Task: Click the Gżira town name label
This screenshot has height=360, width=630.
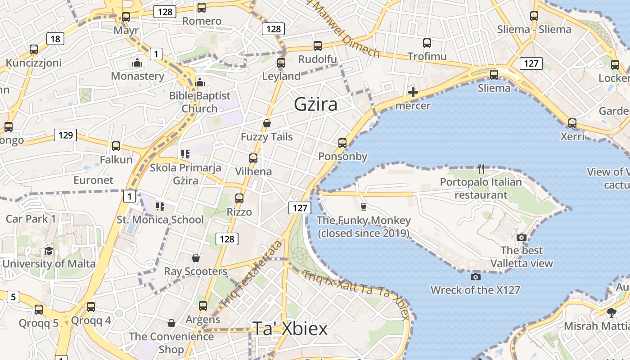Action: pyautogui.click(x=315, y=104)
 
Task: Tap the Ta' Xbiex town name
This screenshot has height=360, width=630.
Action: pyautogui.click(x=290, y=329)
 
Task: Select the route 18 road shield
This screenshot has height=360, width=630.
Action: pyautogui.click(x=55, y=39)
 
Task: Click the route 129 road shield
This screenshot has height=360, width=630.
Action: pyautogui.click(x=65, y=135)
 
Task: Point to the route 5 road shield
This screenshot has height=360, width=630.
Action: pyautogui.click(x=13, y=297)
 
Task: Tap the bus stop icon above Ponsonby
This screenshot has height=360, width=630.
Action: pyautogui.click(x=342, y=143)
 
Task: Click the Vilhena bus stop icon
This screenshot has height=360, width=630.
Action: pyautogui.click(x=253, y=158)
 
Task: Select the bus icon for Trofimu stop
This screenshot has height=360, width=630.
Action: pyautogui.click(x=427, y=43)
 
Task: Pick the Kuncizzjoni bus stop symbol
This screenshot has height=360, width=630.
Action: pyautogui.click(x=34, y=49)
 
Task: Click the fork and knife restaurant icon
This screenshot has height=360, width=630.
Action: pyautogui.click(x=481, y=169)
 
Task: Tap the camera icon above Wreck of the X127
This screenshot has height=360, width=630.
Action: pyautogui.click(x=475, y=277)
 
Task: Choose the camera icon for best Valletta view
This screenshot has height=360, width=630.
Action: pyautogui.click(x=522, y=237)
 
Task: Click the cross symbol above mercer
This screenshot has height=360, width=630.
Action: pyautogui.click(x=413, y=93)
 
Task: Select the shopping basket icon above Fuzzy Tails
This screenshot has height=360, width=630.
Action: pyautogui.click(x=267, y=123)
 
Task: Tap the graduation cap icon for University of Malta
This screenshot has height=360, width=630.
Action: pyautogui.click(x=49, y=251)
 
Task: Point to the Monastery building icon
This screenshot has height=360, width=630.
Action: pyautogui.click(x=137, y=63)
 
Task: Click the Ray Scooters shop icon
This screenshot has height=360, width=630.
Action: pyautogui.click(x=196, y=258)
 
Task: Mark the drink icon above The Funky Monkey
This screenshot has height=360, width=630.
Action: pyautogui.click(x=364, y=207)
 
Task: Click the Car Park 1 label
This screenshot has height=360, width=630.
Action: pyautogui.click(x=31, y=219)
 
